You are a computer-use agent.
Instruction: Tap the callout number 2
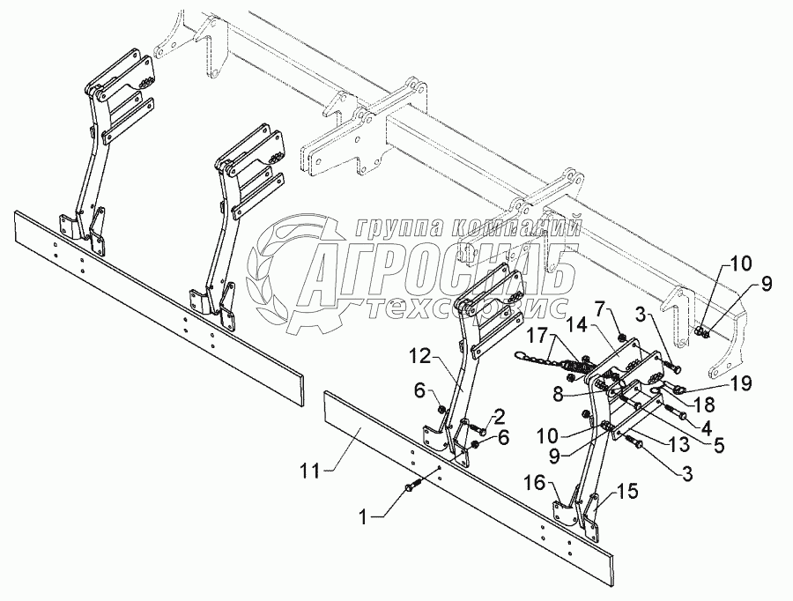(x=499, y=414)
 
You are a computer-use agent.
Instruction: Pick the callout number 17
(x=536, y=336)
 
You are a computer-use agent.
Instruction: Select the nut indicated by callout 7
(x=621, y=338)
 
